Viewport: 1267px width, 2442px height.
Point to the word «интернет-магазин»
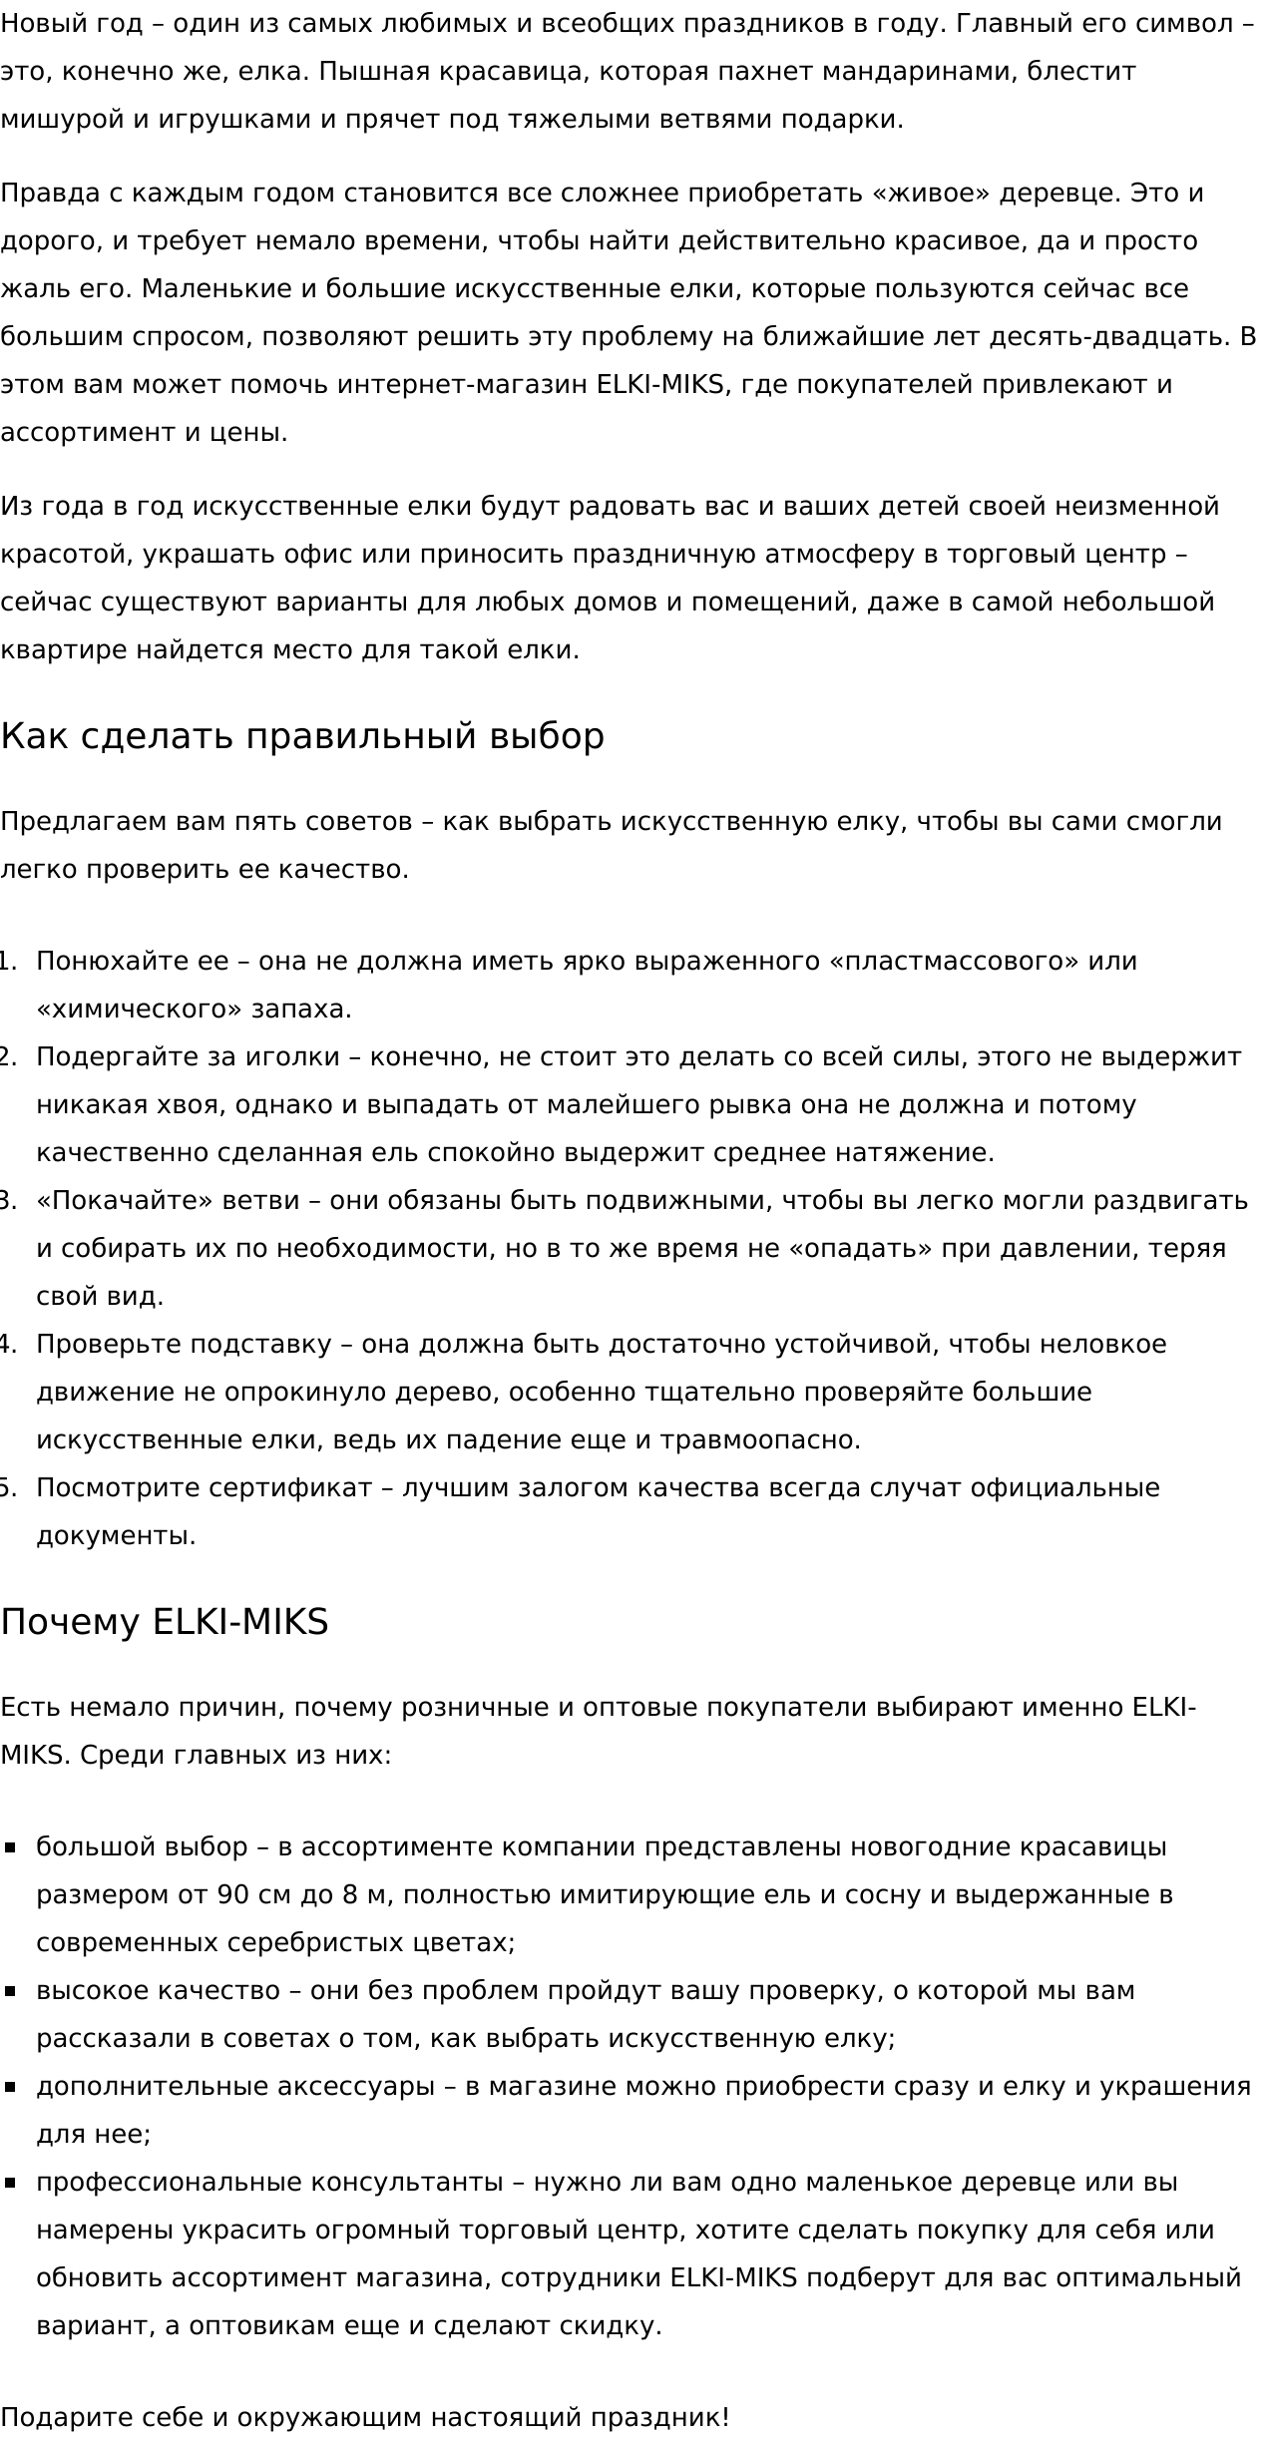(x=462, y=385)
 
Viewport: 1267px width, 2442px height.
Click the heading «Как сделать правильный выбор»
(x=302, y=737)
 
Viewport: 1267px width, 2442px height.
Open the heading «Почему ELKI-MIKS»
(x=165, y=1623)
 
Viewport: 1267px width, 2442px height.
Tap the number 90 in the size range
(x=232, y=1895)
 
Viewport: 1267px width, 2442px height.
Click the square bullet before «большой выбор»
(x=11, y=1847)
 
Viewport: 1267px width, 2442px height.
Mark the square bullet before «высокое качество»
(x=11, y=1991)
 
